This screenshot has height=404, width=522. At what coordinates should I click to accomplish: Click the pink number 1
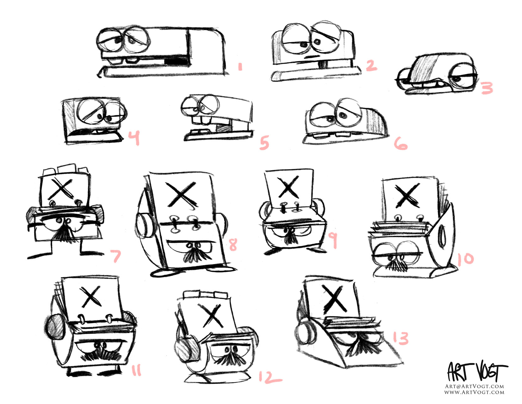pos(240,67)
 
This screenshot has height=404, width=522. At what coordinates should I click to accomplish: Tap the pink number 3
pos(487,88)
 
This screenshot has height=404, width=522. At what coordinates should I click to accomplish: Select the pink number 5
pos(264,143)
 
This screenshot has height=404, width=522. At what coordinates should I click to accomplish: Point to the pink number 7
pos(116,256)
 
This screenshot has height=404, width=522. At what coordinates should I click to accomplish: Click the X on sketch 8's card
pos(181,195)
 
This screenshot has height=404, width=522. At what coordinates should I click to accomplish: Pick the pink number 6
pos(401,144)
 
